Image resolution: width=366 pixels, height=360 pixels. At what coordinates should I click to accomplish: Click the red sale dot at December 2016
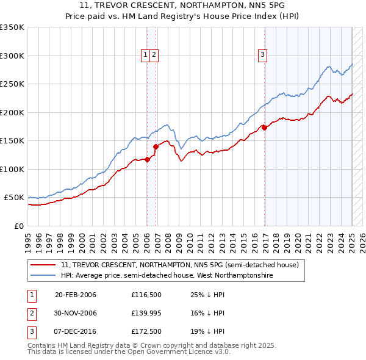[x=264, y=128]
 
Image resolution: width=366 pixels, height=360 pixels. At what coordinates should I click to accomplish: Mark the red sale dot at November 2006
[x=156, y=146]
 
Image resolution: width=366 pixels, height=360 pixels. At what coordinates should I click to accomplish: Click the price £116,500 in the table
[x=145, y=295]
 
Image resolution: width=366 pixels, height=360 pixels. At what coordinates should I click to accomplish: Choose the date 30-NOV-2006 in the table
[x=76, y=313]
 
